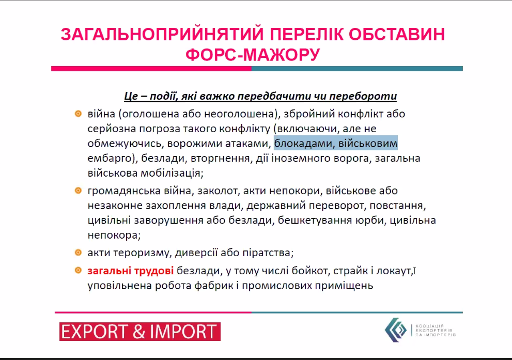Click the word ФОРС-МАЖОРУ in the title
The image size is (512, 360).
(x=253, y=54)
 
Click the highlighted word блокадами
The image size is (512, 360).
(x=304, y=144)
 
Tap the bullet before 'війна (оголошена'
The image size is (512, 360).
(x=78, y=114)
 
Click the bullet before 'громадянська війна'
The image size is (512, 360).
(x=78, y=190)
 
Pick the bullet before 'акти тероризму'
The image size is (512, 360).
(x=78, y=252)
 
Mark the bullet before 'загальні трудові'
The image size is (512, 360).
(x=78, y=270)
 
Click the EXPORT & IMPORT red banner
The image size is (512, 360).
(x=140, y=332)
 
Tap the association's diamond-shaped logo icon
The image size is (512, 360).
(x=395, y=330)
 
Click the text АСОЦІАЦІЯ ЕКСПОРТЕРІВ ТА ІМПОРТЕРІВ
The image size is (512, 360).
(x=435, y=330)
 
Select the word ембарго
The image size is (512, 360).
(x=110, y=159)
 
